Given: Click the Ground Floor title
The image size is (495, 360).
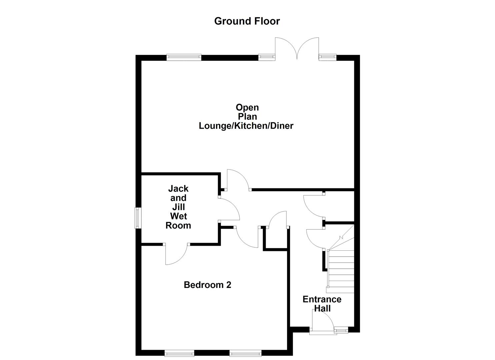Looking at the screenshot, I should pos(247,21).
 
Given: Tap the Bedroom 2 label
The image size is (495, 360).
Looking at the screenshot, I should pos(207,285).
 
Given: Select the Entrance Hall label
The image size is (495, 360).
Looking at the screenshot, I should pos(322,304).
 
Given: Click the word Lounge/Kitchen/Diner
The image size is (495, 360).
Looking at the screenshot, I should pos(246,126).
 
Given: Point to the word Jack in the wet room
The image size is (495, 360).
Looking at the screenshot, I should pos(178,189).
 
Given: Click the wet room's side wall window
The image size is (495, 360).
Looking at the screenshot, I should pos(137,218).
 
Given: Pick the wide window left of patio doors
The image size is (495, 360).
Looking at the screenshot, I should pos(184,57).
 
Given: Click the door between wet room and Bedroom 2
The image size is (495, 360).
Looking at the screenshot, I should pos(177,254).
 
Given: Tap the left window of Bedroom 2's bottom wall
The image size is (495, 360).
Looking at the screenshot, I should pos(179,353).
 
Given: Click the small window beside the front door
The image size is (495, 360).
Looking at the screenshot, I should pos(341,330).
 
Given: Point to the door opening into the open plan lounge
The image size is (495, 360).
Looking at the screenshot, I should pos(237,180).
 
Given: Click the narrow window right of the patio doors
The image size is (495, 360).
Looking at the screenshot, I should pos(328,57).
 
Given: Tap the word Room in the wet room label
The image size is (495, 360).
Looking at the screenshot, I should pos(178,225).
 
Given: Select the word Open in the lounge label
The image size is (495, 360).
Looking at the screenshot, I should pos(247,108).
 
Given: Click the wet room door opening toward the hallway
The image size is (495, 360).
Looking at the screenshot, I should pos(229,209).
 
